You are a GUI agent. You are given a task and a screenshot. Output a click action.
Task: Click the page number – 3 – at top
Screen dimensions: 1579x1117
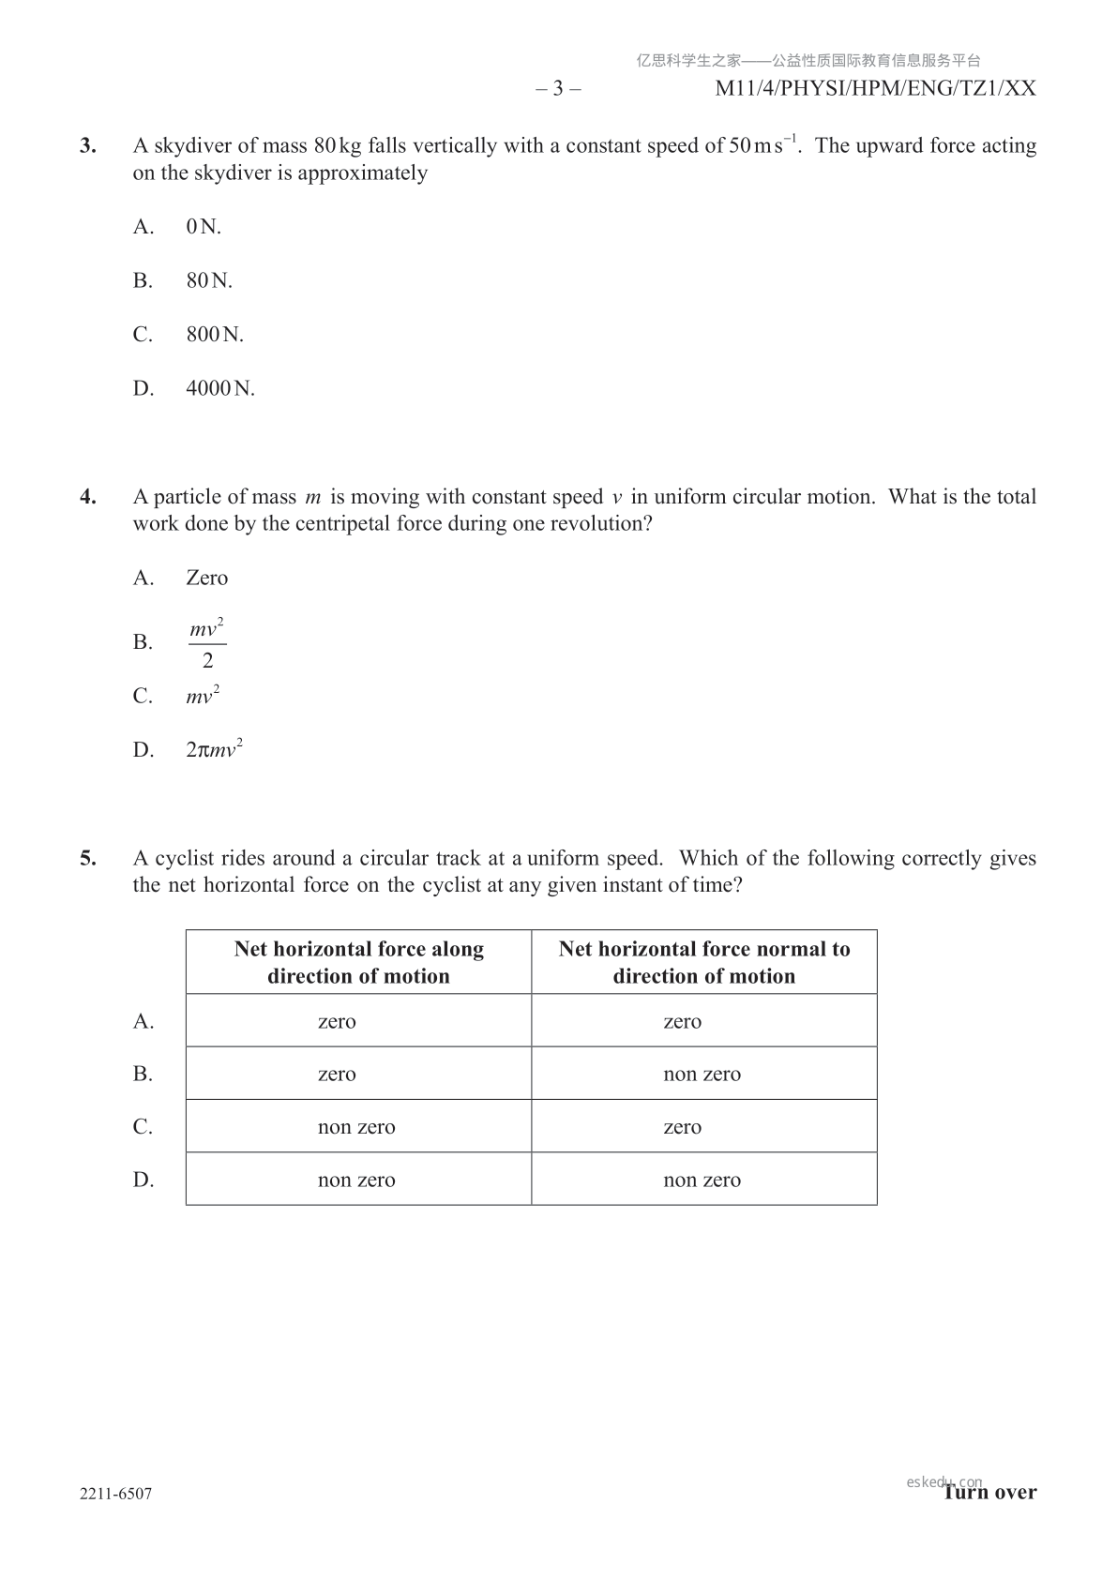pos(558,89)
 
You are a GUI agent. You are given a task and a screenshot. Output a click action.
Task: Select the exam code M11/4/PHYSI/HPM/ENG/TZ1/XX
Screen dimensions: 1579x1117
pos(875,89)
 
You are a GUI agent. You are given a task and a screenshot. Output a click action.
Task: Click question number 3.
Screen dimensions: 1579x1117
pos(88,146)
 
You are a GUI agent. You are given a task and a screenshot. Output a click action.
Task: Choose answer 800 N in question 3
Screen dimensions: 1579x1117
pos(215,335)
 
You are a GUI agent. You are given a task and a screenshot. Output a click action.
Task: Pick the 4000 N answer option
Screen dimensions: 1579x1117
pos(220,389)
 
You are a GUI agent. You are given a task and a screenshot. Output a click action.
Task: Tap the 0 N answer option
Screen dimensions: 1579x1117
pos(204,227)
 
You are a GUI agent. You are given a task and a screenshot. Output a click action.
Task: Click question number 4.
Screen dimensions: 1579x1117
pos(88,497)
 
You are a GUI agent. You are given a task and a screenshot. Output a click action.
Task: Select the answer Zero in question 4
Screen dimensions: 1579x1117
pos(206,579)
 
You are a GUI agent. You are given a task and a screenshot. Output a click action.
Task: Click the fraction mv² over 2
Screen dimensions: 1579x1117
pos(207,643)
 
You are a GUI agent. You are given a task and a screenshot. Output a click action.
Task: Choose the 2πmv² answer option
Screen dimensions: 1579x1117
pos(215,750)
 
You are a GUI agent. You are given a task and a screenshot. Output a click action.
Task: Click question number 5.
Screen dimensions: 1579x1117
pos(88,859)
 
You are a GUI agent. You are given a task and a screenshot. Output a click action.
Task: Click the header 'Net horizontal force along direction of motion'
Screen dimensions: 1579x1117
pos(358,962)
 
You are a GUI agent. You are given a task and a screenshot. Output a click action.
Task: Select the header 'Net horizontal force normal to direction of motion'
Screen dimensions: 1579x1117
pos(703,962)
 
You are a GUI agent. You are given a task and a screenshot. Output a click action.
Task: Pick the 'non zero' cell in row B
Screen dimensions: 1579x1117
pos(702,1075)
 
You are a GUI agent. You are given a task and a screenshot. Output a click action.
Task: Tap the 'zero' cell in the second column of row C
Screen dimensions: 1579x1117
pos(682,1127)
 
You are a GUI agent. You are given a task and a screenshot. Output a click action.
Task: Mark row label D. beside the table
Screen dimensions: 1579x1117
pos(143,1180)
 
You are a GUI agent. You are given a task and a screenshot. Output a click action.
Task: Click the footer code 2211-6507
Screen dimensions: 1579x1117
pos(115,1494)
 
